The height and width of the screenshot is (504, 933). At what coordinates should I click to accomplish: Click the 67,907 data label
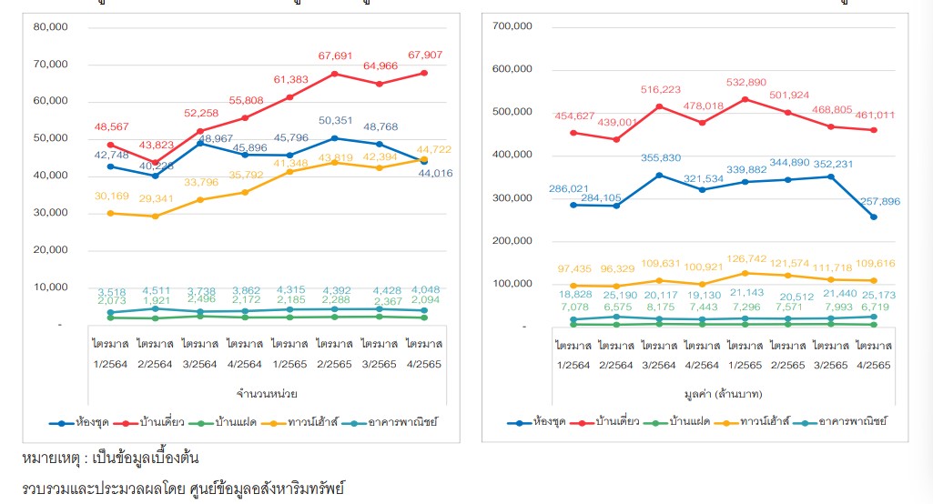pos(425,55)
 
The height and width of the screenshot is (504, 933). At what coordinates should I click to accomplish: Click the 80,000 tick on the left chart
pos(50,26)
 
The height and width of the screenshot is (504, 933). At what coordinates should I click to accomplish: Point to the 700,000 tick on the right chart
pos(512,26)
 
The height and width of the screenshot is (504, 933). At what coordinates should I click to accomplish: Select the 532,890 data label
pos(753,82)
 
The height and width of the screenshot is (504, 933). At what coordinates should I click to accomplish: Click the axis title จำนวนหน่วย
pos(266,393)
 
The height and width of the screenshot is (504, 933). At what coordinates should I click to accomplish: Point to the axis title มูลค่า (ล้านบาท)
pos(725,393)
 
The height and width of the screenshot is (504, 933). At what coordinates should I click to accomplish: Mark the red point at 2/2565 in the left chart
pos(335,73)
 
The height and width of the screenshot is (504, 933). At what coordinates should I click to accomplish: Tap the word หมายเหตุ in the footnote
pos(49,458)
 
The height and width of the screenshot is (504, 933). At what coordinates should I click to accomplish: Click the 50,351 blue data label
pos(335,120)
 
